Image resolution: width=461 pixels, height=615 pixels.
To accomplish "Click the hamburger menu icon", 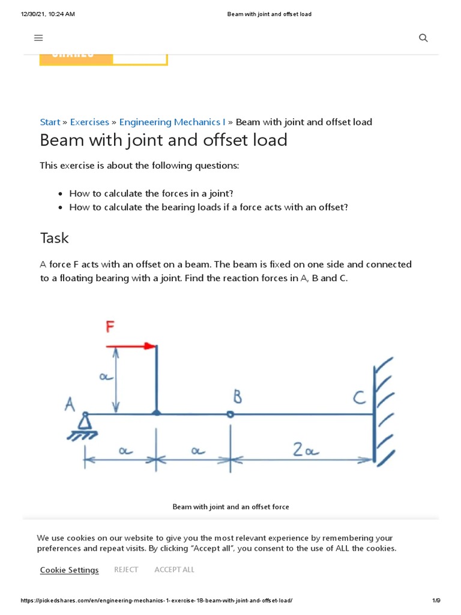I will pyautogui.click(x=38, y=38).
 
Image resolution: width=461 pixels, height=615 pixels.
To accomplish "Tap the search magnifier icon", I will pyautogui.click(x=423, y=38).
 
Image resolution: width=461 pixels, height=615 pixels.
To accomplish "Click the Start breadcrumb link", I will pyautogui.click(x=50, y=122).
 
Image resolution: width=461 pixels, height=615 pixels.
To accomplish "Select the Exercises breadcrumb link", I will pyautogui.click(x=89, y=122).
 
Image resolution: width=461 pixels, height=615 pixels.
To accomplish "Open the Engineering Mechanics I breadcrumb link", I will pyautogui.click(x=172, y=122).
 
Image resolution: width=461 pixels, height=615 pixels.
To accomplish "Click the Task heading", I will pyautogui.click(x=55, y=238).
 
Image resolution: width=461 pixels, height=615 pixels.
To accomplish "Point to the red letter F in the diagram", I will pyautogui.click(x=110, y=327).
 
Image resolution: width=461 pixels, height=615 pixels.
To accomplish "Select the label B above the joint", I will pyautogui.click(x=237, y=397).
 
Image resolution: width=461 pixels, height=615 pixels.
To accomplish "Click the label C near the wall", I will pyautogui.click(x=359, y=398).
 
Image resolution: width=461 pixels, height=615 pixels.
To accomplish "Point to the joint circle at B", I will pyautogui.click(x=230, y=414).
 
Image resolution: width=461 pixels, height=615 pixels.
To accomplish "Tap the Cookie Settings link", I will pyautogui.click(x=69, y=570).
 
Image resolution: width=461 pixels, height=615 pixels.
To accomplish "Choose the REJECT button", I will pyautogui.click(x=126, y=569).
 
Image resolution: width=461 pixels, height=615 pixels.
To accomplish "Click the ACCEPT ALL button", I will pyautogui.click(x=174, y=569).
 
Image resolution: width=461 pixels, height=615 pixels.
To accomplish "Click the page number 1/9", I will pyautogui.click(x=436, y=601).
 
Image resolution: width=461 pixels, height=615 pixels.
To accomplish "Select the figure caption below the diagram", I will pyautogui.click(x=230, y=507).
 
